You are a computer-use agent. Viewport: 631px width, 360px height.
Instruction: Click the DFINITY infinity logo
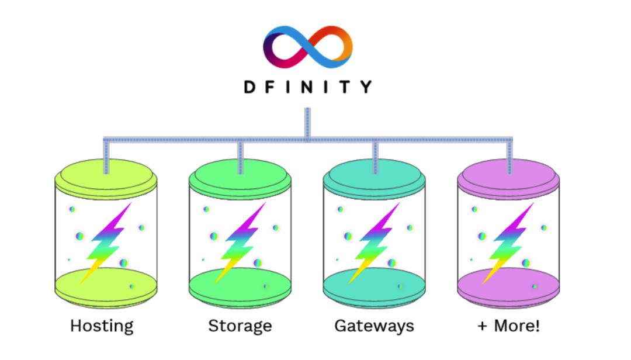point(308,47)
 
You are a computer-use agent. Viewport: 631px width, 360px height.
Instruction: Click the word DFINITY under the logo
point(308,87)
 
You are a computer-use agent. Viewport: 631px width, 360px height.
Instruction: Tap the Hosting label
point(102,326)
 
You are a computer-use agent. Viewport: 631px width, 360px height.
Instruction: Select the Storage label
point(240,326)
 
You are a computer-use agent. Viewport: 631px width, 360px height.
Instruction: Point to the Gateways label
point(374,326)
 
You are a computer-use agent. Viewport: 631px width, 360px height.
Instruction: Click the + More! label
point(508,326)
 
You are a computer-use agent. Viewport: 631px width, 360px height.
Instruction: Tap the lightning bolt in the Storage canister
point(241,243)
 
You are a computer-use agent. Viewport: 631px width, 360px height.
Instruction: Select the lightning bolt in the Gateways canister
point(375,243)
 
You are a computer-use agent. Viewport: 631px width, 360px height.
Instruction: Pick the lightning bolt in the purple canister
point(509,243)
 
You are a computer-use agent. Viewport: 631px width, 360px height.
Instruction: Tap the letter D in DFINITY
point(249,87)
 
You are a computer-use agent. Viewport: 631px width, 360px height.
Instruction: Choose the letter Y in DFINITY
point(366,87)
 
